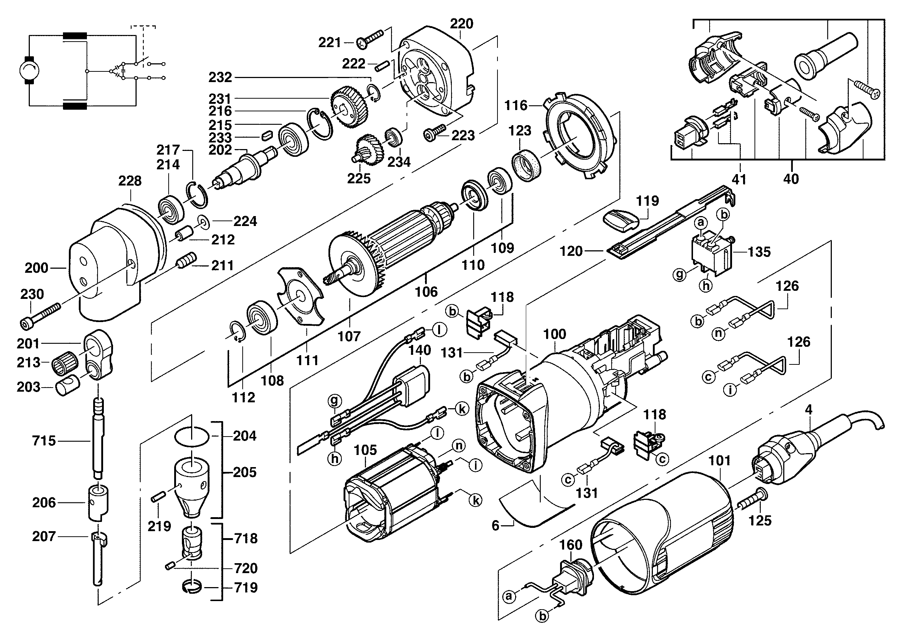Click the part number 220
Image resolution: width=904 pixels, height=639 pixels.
461,24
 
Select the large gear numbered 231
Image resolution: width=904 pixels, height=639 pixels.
349,107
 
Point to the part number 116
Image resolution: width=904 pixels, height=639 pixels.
516,105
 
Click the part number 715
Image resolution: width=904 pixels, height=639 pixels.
44,441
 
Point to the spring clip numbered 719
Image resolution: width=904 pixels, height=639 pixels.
192,586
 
